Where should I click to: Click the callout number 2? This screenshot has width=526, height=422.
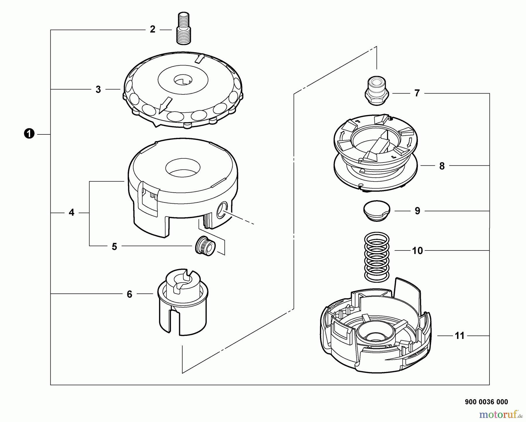(x=152, y=30)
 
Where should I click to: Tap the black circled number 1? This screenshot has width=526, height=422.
(x=29, y=134)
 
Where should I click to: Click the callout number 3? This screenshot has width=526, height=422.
(x=98, y=89)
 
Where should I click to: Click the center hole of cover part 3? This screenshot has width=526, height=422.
(x=183, y=79)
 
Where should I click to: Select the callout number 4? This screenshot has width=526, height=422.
(x=71, y=212)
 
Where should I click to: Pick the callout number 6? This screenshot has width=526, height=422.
(x=129, y=294)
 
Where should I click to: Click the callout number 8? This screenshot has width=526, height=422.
(x=442, y=166)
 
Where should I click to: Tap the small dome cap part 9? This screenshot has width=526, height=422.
(x=377, y=210)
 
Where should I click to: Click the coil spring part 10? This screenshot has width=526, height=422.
(x=377, y=257)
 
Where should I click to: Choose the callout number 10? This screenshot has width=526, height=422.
(x=417, y=251)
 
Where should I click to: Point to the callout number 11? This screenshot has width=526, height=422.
(x=459, y=336)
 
